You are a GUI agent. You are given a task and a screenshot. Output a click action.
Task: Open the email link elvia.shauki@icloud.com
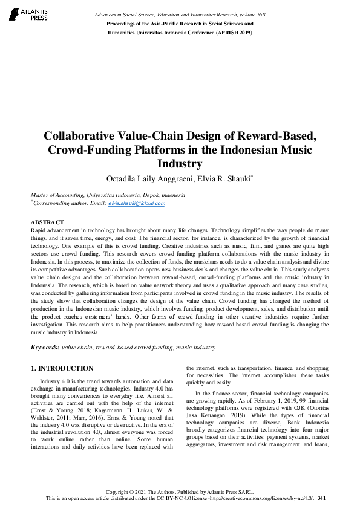[x=136, y=204]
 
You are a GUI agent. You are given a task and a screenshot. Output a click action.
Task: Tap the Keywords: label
[x=45, y=348]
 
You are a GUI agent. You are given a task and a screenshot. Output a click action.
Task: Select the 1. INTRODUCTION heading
[x=62, y=368]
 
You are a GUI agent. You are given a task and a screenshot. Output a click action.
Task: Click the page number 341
[x=322, y=498]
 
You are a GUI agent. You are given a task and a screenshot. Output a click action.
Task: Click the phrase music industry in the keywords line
[x=195, y=348]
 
